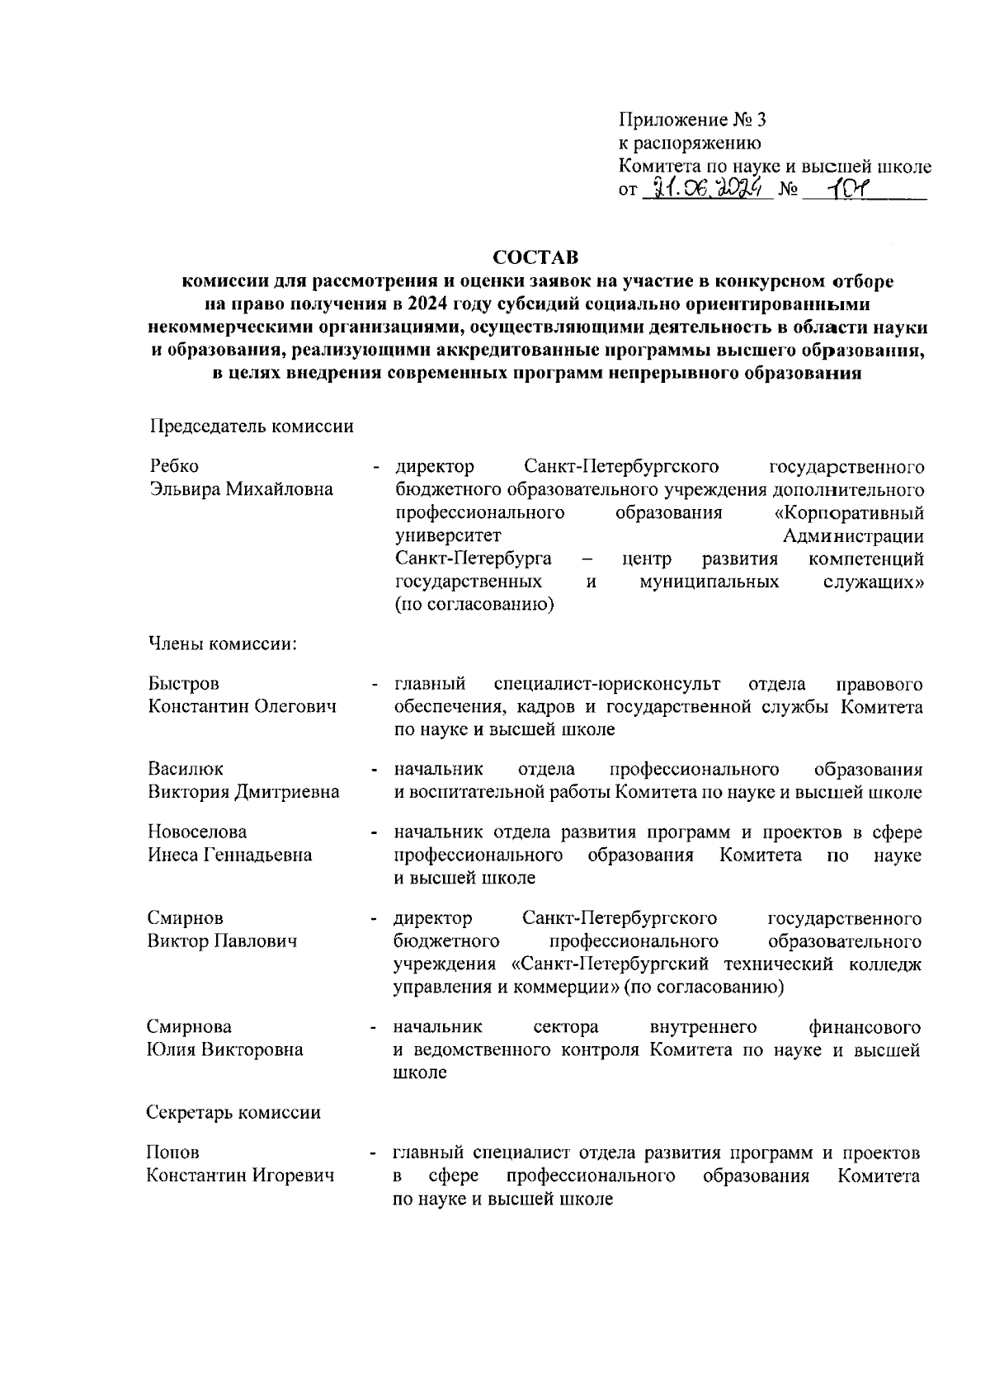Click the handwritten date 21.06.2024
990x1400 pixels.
(x=707, y=190)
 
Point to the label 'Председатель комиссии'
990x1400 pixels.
(x=252, y=426)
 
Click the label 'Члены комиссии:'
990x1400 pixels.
(x=223, y=643)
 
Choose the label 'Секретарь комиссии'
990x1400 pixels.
(x=233, y=1112)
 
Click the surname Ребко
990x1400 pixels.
(x=173, y=467)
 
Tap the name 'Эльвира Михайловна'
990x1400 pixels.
(x=241, y=490)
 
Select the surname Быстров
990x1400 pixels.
(x=184, y=685)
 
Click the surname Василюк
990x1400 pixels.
(x=186, y=770)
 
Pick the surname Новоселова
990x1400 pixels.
(x=197, y=832)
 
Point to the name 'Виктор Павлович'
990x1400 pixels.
(x=222, y=941)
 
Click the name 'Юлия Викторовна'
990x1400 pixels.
(x=224, y=1050)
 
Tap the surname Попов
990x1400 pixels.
(x=173, y=1153)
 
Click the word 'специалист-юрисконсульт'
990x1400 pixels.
(x=606, y=685)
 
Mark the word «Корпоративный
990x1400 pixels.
(x=844, y=513)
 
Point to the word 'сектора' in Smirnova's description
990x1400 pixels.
(x=566, y=1027)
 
